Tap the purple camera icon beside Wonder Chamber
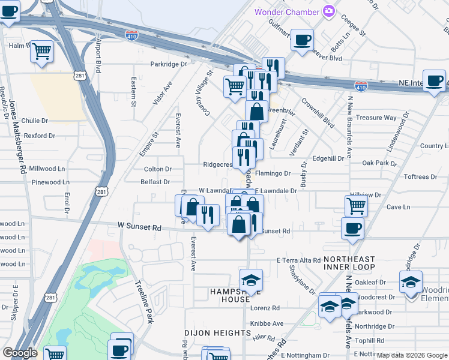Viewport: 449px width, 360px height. (x=328, y=11)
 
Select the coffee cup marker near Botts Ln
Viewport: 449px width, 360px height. (x=303, y=40)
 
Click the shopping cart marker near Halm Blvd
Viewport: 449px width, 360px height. (x=42, y=52)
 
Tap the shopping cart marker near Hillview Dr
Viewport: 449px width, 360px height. (x=356, y=206)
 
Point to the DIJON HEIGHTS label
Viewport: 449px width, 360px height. (x=217, y=333)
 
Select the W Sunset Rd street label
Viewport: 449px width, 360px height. (x=140, y=227)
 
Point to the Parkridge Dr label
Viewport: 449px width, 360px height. (x=169, y=64)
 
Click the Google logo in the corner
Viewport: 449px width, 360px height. (x=20, y=352)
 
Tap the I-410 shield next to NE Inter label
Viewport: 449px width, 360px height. (x=361, y=87)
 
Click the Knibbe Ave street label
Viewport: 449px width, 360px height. (x=267, y=323)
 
